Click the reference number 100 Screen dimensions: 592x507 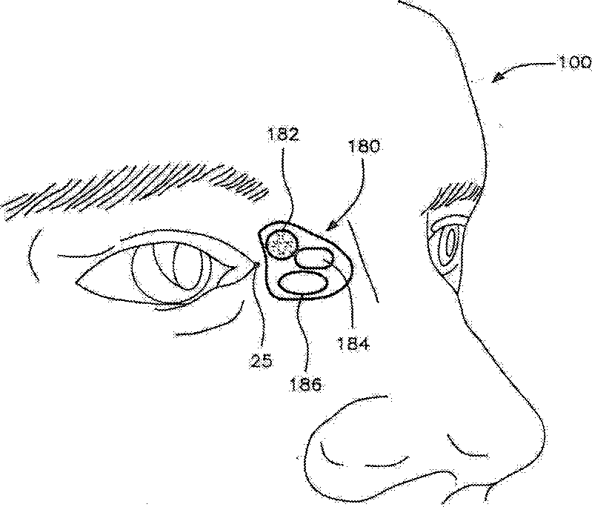(570, 66)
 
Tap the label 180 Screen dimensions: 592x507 (363, 146)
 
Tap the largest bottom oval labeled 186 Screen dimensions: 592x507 (304, 282)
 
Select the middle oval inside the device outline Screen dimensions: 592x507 (314, 258)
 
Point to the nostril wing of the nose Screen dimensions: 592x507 (333, 445)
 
